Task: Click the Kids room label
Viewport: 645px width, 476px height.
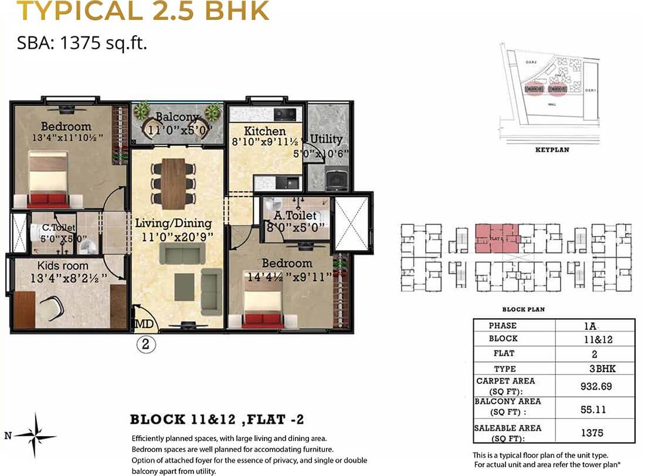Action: click(x=63, y=266)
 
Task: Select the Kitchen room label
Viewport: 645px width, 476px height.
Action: click(x=265, y=131)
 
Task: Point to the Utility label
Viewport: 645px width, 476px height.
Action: click(x=326, y=139)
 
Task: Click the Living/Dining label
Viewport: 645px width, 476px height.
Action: click(x=173, y=224)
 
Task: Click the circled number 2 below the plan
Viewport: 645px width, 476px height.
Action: click(x=147, y=345)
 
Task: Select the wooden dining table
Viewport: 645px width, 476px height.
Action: click(x=173, y=183)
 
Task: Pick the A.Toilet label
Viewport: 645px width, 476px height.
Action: click(x=295, y=216)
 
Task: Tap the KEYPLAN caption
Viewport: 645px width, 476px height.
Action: click(x=552, y=150)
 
